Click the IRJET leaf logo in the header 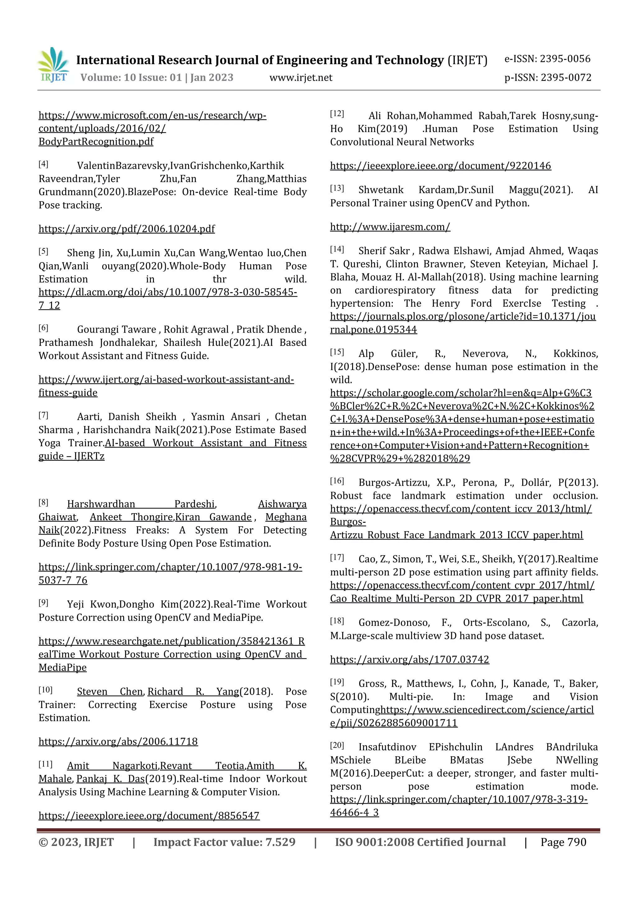[x=53, y=64]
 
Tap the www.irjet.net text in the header [x=301, y=78]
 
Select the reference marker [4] [x=43, y=164]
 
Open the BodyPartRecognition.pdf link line [x=96, y=142]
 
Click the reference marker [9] [x=43, y=603]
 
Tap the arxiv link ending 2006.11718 [x=118, y=741]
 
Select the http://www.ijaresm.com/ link [x=390, y=227]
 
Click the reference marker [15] [x=337, y=352]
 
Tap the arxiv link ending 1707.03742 [x=409, y=659]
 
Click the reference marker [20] [x=337, y=745]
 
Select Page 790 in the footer [x=563, y=842]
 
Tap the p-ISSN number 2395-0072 [x=565, y=78]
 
